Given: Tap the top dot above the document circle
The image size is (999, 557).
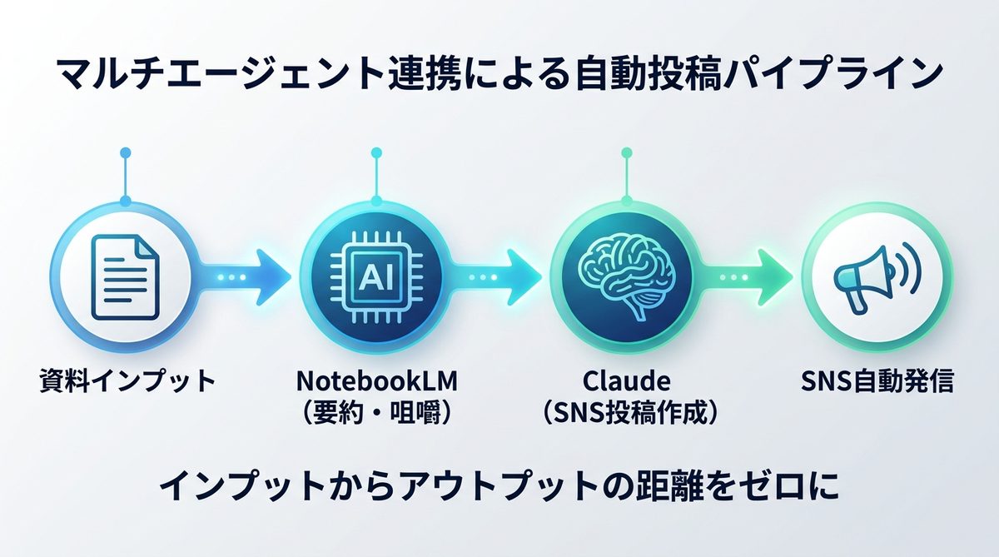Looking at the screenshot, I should click(x=125, y=153).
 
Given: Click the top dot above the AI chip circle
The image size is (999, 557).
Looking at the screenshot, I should click(x=375, y=153).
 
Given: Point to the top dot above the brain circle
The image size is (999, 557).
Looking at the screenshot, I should click(x=625, y=153).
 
